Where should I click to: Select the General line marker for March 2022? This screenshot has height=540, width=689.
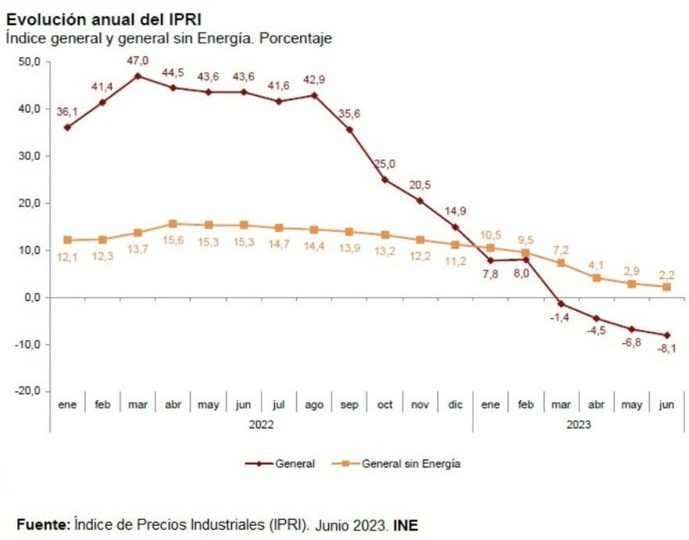tap(138, 76)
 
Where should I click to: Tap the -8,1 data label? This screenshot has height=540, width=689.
tap(666, 349)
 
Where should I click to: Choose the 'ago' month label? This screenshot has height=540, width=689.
tap(314, 406)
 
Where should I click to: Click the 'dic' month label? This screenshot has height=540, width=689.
tap(455, 406)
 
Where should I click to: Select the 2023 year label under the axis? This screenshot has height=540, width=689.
tap(579, 425)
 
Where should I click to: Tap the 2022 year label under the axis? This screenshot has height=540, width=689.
tap(262, 425)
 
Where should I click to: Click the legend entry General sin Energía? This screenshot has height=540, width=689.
tap(410, 463)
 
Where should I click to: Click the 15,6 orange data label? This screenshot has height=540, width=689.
tap(173, 240)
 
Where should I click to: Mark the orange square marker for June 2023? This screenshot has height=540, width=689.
tap(666, 287)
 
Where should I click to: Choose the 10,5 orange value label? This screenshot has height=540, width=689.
tap(490, 234)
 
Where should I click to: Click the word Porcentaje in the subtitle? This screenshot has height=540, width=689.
tap(296, 38)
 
